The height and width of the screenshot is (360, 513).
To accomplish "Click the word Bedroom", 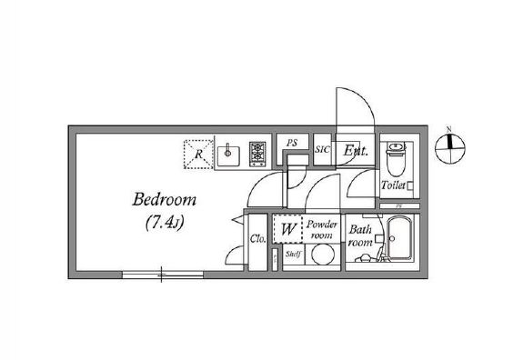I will (164, 199).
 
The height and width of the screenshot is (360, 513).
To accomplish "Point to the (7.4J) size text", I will (165, 222).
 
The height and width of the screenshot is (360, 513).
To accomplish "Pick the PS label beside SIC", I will (292, 143).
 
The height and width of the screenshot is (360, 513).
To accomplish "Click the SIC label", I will (322, 150).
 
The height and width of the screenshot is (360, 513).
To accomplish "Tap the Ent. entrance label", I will (355, 152).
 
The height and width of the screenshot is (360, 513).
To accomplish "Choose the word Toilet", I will (392, 185).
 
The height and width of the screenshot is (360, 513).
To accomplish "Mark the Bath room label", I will (361, 236).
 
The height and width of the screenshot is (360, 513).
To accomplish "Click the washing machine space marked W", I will (287, 228).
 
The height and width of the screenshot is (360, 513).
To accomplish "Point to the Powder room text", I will (322, 229).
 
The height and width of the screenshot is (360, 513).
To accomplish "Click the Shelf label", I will (292, 255).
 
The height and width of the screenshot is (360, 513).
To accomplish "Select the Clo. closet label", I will (256, 240).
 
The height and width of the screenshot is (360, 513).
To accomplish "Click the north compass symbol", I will (449, 145).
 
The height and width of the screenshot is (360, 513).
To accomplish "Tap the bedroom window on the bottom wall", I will (161, 272).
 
